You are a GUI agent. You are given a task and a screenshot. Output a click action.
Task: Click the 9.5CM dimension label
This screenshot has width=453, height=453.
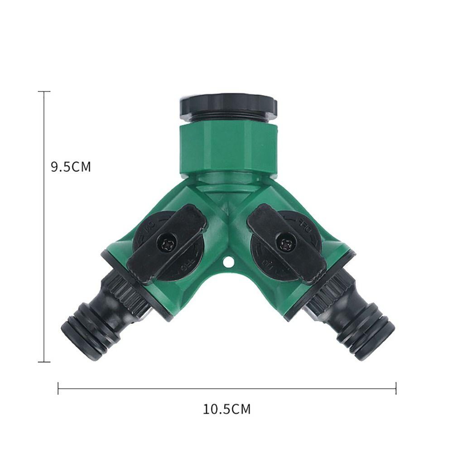[71, 167]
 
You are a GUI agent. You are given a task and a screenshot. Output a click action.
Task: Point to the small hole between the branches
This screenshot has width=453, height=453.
[228, 262]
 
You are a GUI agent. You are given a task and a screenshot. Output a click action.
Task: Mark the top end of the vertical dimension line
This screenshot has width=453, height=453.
[44, 92]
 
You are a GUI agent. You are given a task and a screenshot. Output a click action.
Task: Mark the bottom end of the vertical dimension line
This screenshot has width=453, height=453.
[44, 361]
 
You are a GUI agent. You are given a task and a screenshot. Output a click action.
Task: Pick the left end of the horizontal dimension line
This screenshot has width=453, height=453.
[58, 388]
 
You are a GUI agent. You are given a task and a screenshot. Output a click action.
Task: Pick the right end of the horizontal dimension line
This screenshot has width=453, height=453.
[396, 388]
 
